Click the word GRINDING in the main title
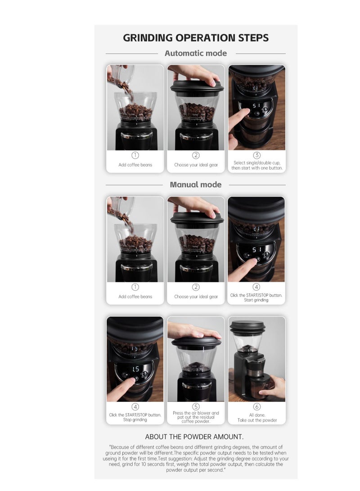click(148, 38)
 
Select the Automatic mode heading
click(196, 53)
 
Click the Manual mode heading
click(196, 185)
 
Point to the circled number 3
click(256, 155)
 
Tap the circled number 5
click(196, 406)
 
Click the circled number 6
click(256, 406)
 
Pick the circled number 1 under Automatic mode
click(135, 155)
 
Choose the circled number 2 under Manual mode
click(196, 287)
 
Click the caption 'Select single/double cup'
click(256, 163)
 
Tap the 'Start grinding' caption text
click(256, 300)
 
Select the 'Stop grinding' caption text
click(135, 419)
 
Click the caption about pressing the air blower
click(196, 417)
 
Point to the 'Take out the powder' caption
click(257, 420)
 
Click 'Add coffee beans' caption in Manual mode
click(135, 297)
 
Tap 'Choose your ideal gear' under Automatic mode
click(196, 165)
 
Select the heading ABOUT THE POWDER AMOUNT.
click(194, 437)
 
